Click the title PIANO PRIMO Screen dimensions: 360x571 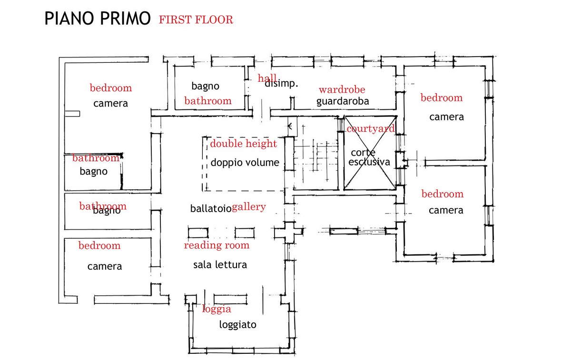(x=97, y=19)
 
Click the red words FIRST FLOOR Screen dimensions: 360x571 (x=196, y=20)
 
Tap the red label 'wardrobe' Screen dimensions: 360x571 (x=342, y=89)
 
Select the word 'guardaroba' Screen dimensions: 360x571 (x=343, y=101)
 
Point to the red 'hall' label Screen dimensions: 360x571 (x=267, y=78)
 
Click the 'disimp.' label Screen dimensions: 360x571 (x=281, y=84)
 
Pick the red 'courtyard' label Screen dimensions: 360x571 (x=371, y=128)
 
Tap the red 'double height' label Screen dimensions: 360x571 (x=244, y=144)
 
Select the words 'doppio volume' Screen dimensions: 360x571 (x=245, y=163)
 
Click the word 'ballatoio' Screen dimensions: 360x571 (x=211, y=208)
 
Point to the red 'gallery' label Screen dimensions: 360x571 (x=249, y=207)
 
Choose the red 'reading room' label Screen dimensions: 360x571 (x=217, y=245)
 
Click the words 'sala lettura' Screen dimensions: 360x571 (x=220, y=265)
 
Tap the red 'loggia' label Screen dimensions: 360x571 (x=217, y=309)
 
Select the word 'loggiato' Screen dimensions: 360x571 (x=237, y=325)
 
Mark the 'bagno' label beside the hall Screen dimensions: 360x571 (x=206, y=86)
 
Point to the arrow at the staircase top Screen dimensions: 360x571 (x=290, y=126)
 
